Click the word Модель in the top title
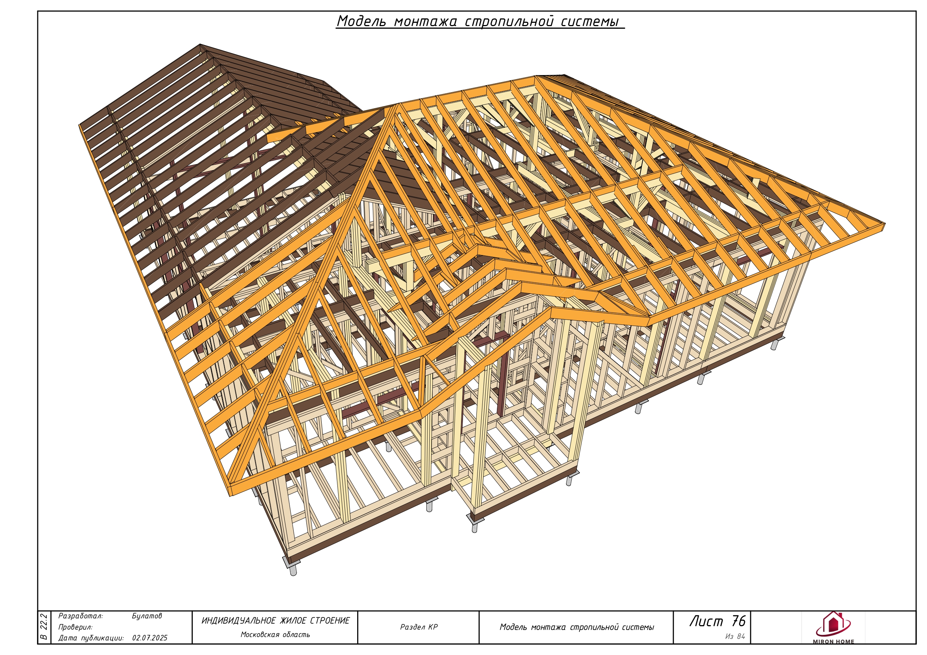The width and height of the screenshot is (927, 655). point(361,21)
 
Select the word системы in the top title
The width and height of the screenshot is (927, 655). point(590,21)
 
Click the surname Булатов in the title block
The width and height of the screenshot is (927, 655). point(147,616)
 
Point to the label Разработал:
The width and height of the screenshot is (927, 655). point(81,616)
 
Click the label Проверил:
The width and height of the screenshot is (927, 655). point(75,627)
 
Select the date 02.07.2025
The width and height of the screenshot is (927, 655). point(150,638)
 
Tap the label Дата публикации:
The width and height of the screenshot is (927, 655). point(91,638)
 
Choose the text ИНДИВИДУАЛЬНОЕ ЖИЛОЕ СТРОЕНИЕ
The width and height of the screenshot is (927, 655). point(275,621)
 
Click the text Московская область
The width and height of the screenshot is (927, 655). point(275,635)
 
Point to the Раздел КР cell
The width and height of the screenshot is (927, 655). point(419,627)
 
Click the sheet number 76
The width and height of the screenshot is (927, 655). point(738,621)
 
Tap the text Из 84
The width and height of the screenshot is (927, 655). point(735,636)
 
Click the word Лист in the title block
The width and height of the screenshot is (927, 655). point(707,621)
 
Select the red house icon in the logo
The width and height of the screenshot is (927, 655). point(833,624)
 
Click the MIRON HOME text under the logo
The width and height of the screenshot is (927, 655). point(834,642)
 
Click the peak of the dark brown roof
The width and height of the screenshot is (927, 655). point(200,44)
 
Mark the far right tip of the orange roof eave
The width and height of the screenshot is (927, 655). point(885,224)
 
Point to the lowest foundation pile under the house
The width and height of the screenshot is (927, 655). point(294,570)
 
